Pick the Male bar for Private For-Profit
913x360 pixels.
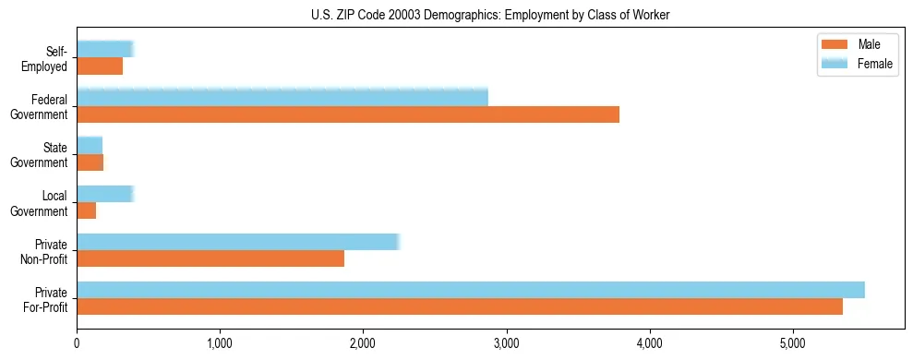pos(459,306)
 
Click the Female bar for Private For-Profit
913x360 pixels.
pos(470,290)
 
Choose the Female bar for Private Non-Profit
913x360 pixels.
pos(237,242)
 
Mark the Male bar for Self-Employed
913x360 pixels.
pos(100,66)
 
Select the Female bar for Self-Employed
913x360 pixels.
pos(104,50)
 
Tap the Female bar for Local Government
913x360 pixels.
pos(104,194)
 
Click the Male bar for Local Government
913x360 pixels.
pos(87,210)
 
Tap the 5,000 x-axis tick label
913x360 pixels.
pos(793,344)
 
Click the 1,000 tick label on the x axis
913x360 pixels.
pos(220,344)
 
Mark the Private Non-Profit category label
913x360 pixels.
pos(46,250)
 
